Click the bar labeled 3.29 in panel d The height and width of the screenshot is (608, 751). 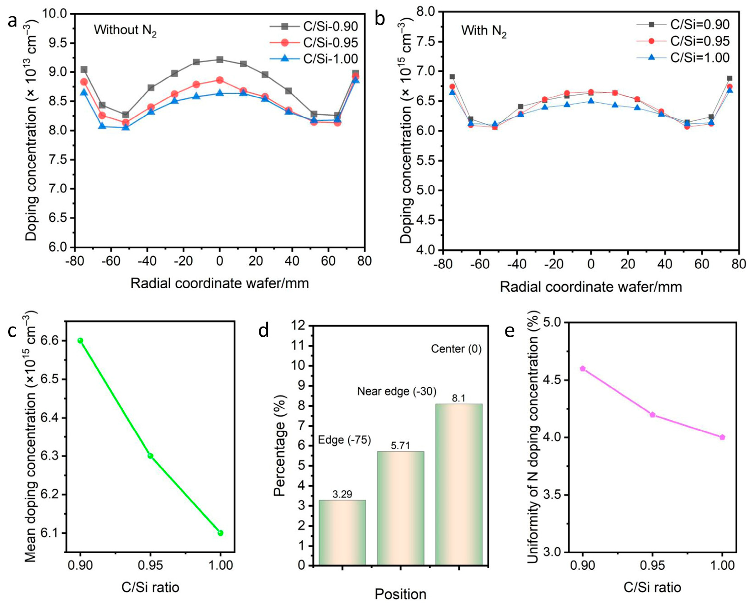tap(342, 532)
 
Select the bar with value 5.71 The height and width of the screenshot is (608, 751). tap(400, 508)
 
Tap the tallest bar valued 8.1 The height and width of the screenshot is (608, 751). tap(458, 484)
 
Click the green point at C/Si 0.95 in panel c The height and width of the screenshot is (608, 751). tap(150, 456)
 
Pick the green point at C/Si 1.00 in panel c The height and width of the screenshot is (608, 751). tap(221, 533)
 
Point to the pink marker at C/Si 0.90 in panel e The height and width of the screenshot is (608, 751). tap(583, 369)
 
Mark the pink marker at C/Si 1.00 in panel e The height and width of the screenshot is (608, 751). tap(722, 437)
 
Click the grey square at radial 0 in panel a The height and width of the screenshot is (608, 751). tap(220, 60)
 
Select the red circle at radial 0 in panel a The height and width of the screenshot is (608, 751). tap(220, 80)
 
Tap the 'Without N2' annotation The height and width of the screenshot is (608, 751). tap(125, 30)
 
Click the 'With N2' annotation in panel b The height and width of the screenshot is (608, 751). tap(483, 31)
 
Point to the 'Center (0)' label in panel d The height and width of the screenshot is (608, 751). tap(456, 349)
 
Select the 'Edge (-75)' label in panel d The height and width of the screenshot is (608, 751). tap(344, 440)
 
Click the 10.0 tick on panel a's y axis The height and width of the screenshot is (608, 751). tap(54, 14)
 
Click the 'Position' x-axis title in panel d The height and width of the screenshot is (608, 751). tap(400, 594)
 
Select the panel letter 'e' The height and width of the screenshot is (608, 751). tap(509, 330)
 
